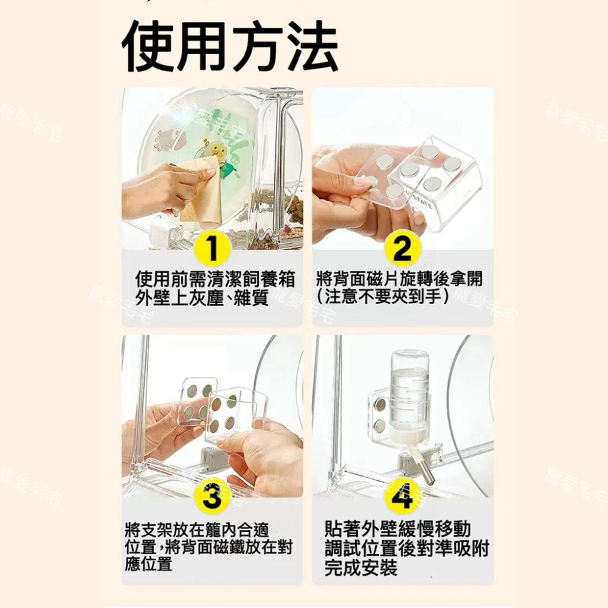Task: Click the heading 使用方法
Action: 230,47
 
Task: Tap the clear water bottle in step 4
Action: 409,389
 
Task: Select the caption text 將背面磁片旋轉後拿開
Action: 400,280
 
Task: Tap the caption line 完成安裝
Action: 361,568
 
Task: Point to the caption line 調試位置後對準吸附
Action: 407,548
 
